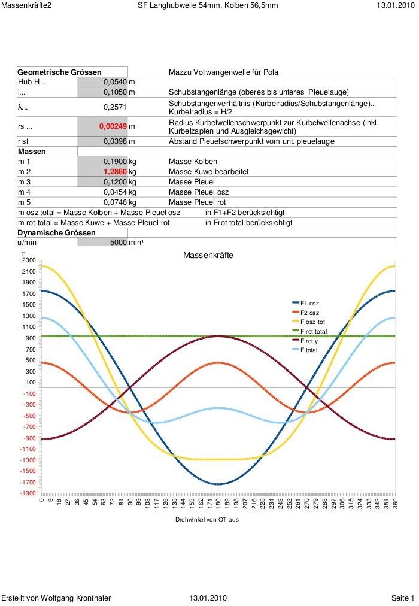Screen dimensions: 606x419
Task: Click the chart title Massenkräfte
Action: coord(208,256)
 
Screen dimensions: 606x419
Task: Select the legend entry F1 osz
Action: coord(309,304)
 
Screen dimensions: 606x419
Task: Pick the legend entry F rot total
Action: coord(313,331)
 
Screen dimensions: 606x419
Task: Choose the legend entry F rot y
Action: coord(309,340)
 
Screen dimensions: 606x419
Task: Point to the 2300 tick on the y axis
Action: coord(29,260)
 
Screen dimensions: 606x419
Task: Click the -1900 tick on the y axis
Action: coord(28,493)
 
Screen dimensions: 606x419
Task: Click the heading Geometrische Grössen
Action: coord(59,72)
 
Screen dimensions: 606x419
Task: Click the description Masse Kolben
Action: coord(193,162)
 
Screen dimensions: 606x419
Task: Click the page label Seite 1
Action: coord(402,598)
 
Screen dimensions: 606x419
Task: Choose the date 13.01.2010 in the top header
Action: coord(396,5)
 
